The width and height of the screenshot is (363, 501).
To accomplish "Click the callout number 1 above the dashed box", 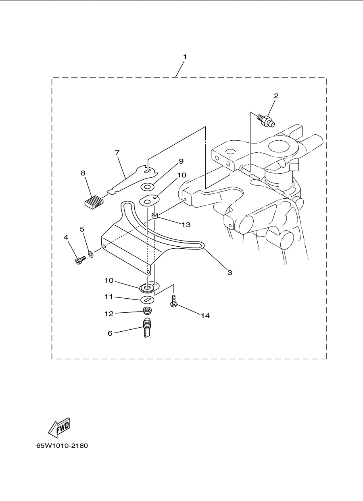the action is pos(185,57).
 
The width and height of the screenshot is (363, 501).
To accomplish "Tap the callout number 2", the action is pos(276,96).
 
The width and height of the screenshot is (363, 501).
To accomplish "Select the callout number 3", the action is pos(230,272).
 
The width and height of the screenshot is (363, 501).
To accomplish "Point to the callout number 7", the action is pos(117,153).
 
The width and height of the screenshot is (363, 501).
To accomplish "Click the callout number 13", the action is pos(186,225).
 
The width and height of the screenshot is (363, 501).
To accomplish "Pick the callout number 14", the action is pos(205,316).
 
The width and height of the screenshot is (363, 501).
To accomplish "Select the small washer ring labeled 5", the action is pos(91,254).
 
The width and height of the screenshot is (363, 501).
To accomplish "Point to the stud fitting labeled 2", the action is pos(266,121).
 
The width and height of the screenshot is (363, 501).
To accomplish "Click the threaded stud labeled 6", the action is pos(146,328).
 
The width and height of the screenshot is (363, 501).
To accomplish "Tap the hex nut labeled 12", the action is pos(146,310).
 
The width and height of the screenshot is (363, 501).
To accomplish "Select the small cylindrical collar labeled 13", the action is pos(155,216).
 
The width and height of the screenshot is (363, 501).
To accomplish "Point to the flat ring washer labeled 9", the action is pos(147,186).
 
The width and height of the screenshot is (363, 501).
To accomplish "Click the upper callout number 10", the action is pos(181,175).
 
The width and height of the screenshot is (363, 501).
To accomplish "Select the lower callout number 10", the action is pos(109,281).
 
